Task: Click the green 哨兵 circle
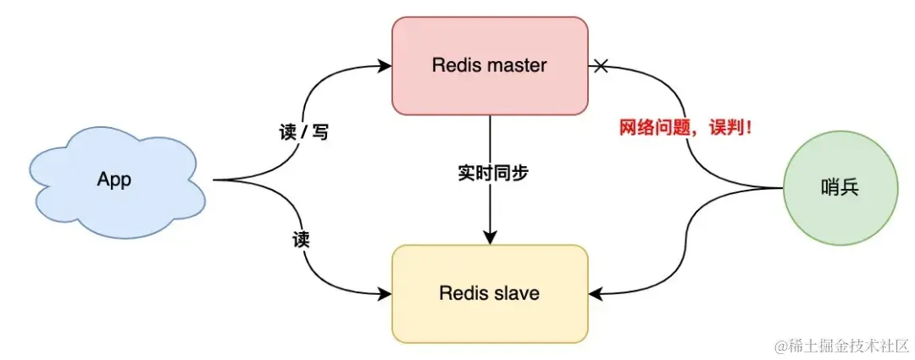click(x=840, y=188)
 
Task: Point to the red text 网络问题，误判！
click(x=686, y=129)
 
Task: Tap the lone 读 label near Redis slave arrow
click(x=300, y=240)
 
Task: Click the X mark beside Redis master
click(x=601, y=65)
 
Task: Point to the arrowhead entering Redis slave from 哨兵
click(x=596, y=294)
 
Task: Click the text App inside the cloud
click(x=114, y=180)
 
